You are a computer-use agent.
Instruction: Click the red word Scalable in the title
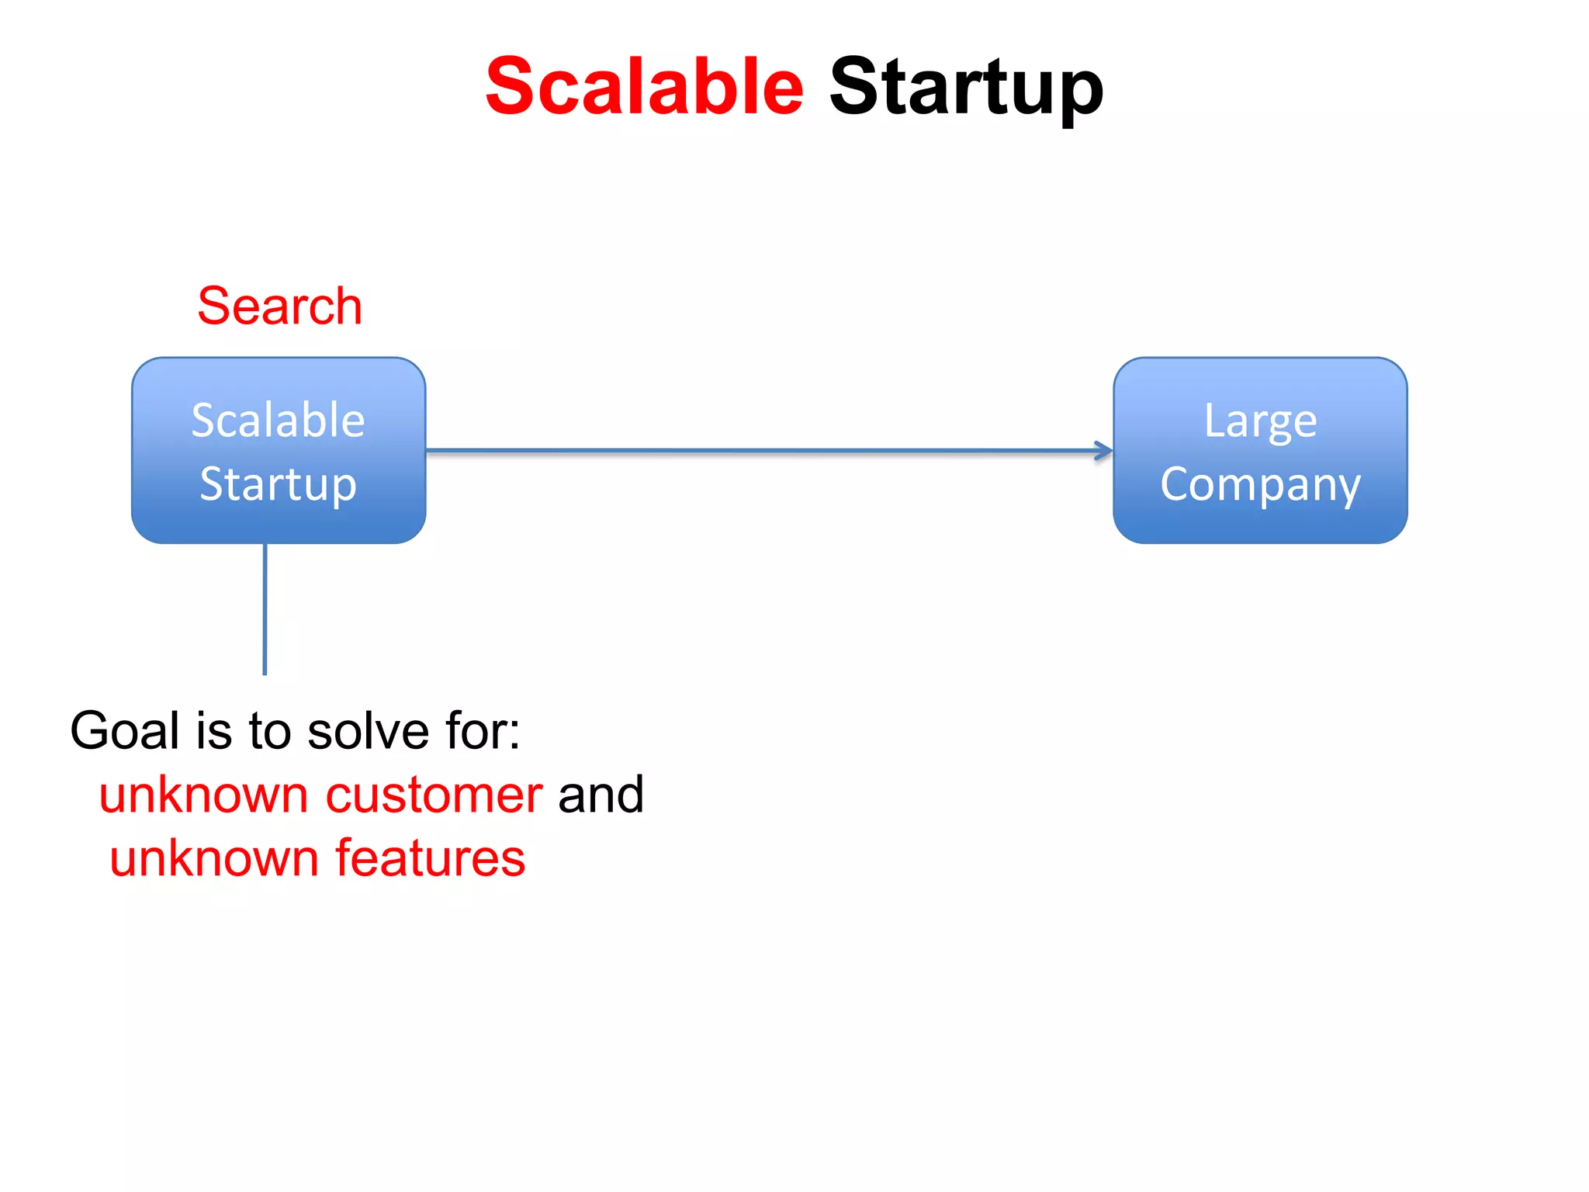coord(644,87)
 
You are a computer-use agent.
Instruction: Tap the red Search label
coord(279,306)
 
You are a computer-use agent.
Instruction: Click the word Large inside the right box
coord(1260,421)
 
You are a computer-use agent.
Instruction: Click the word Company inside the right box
coord(1260,485)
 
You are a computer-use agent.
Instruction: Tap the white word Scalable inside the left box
coord(279,421)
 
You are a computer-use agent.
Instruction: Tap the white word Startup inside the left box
coord(279,485)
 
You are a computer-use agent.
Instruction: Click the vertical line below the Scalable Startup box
coord(265,609)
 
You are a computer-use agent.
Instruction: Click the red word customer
coord(434,795)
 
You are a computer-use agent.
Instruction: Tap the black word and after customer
coord(601,795)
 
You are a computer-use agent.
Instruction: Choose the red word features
coord(430,859)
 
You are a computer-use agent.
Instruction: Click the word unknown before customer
coord(204,795)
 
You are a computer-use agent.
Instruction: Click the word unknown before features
coord(214,859)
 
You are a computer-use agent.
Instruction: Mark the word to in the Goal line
coord(270,731)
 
